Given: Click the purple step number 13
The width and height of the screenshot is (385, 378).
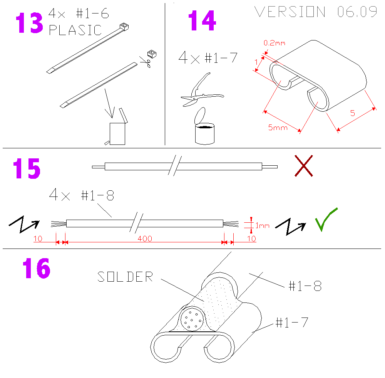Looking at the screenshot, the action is [x=30, y=23].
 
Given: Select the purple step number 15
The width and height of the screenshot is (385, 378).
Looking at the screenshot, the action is [x=27, y=168].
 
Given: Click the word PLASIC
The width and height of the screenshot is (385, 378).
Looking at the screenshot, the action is [x=75, y=30].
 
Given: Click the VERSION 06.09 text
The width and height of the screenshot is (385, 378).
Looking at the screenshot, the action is [x=316, y=12].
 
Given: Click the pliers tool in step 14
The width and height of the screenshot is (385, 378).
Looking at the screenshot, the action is [x=202, y=90].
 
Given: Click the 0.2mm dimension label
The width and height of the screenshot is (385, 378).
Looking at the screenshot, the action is [x=275, y=43].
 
